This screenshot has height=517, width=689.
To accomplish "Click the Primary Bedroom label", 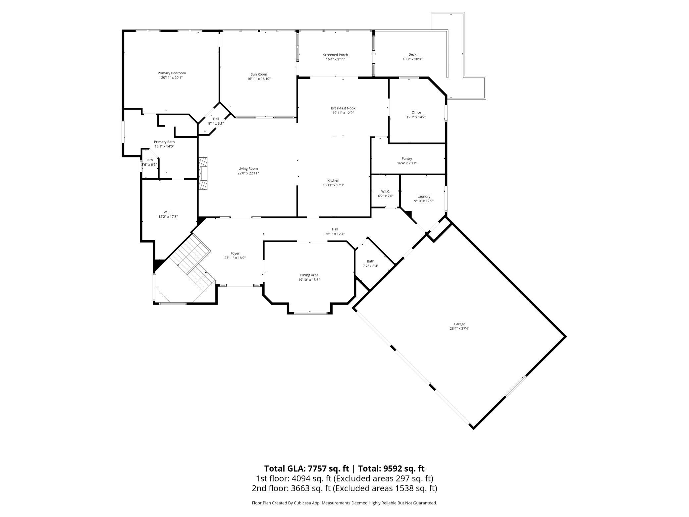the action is pos(172,73).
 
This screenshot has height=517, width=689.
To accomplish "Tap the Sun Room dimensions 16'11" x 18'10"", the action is pos(259,79).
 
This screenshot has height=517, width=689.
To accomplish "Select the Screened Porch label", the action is pos(335,55).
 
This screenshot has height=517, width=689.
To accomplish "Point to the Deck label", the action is pos(412,54).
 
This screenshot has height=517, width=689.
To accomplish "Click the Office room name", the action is pos(416,112).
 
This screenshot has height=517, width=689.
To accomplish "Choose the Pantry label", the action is pos(407,158).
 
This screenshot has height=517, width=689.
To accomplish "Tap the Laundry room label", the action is pos(424,196).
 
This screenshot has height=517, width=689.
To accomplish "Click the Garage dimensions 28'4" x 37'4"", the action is pos(459,328).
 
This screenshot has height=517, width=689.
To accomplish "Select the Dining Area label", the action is pos(309,275).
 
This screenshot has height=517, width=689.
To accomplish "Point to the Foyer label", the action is pos(235,253).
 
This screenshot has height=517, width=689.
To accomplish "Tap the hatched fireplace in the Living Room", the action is pos(203,174).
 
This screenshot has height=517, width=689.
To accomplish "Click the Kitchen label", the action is pos(333,181).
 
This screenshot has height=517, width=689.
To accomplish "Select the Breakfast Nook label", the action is pos(343,108).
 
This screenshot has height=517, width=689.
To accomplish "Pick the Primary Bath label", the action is pos(164,142).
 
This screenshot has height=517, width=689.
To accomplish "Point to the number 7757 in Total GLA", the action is pos(319,468).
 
